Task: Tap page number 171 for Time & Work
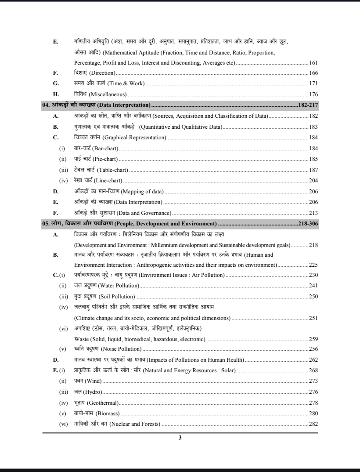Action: [313, 83]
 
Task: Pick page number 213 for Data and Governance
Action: [313, 213]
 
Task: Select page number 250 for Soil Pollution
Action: [313, 296]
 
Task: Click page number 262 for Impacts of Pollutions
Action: [313, 359]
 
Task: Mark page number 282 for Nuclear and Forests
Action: [313, 424]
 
